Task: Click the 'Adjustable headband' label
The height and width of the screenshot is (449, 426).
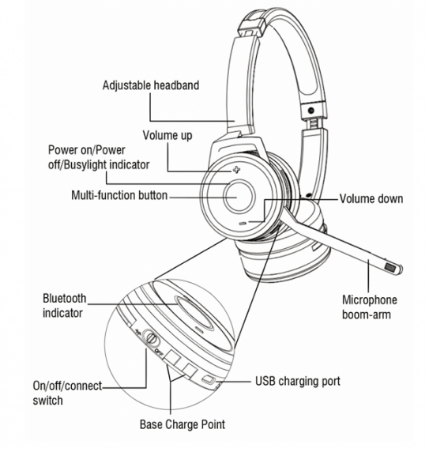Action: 151,85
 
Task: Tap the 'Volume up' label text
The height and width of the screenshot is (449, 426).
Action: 167,135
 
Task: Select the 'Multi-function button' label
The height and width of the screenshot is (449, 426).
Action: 119,195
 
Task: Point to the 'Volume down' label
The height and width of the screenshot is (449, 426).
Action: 371,199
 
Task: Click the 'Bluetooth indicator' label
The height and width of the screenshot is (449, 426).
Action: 64,305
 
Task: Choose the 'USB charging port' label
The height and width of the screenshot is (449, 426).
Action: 298,381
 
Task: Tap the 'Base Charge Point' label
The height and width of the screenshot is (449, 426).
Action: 182,424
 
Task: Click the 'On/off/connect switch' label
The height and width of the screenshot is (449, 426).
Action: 67,393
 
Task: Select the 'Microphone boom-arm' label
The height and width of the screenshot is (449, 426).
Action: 370,307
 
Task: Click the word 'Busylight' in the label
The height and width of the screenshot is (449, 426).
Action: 85,165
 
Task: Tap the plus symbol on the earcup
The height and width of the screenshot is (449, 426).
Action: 236,170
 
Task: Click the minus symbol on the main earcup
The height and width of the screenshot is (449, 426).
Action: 243,223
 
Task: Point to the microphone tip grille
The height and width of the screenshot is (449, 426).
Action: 390,267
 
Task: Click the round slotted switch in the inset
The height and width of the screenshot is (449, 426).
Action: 151,338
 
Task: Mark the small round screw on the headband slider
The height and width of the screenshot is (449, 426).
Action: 311,110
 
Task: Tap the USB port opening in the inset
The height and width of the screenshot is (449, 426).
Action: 209,379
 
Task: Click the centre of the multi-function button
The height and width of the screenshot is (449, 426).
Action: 238,195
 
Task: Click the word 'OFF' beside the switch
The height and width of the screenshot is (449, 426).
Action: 159,352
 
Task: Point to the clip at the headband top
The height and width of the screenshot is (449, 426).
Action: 252,22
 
